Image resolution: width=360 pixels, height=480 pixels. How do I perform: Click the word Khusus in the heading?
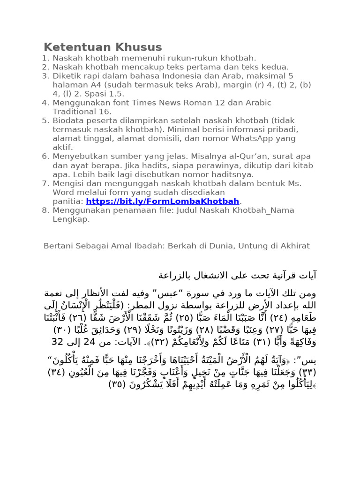136,47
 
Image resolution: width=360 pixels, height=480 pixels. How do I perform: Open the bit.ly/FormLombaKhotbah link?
163,201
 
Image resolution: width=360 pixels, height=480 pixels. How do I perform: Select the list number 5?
45,120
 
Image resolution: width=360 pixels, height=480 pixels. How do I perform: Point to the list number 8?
45,210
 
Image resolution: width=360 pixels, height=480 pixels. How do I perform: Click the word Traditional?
75,112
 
